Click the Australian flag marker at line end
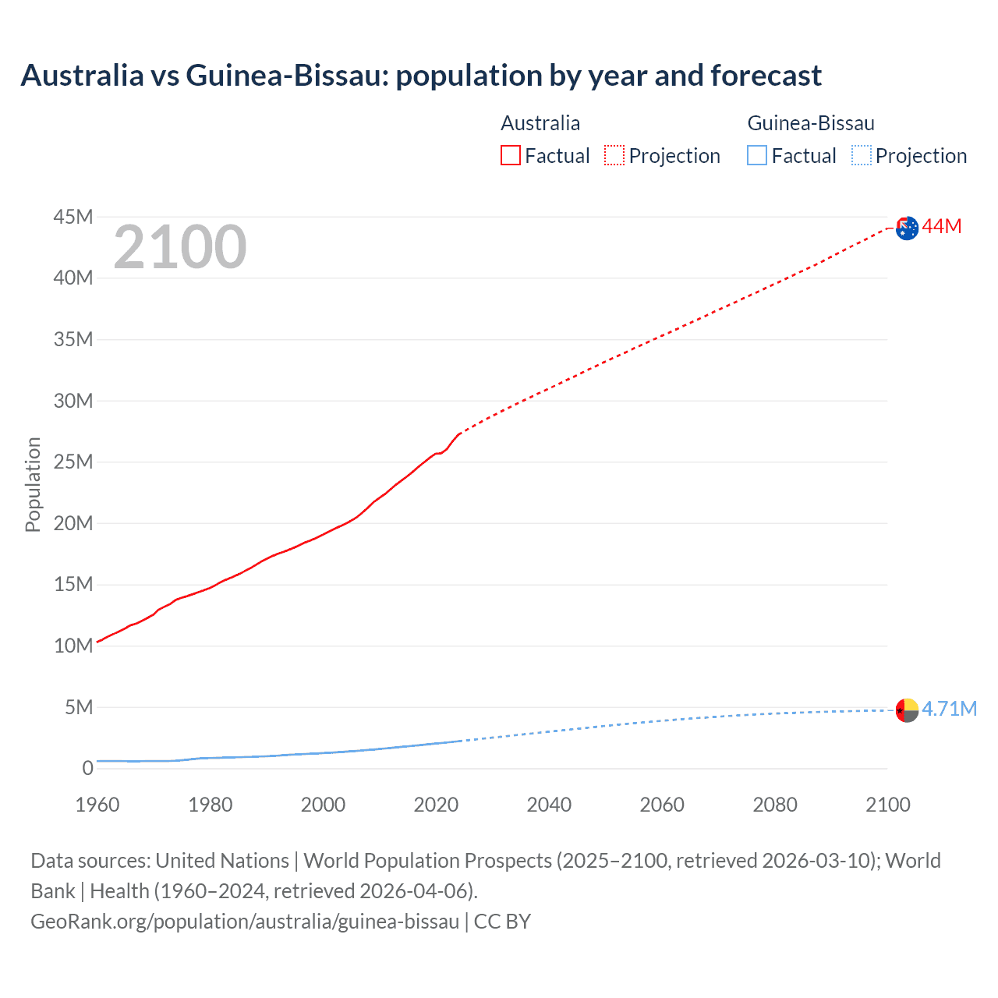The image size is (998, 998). click(907, 228)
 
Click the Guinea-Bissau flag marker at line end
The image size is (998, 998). click(907, 710)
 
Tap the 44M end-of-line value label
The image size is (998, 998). click(942, 227)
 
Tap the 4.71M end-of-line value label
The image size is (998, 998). click(949, 709)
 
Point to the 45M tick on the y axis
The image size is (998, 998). click(73, 217)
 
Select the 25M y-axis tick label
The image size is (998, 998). click(73, 462)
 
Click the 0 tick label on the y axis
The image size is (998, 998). click(87, 768)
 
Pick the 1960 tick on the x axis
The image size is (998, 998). click(97, 805)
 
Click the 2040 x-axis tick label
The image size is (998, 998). click(549, 805)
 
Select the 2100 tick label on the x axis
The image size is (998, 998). click(887, 805)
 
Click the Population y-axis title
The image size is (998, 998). click(33, 484)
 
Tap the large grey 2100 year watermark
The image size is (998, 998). click(180, 247)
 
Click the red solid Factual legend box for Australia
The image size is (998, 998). click(510, 155)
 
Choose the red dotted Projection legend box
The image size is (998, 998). click(614, 155)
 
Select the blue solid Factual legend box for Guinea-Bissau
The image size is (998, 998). click(756, 155)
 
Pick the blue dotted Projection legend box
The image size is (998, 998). click(861, 155)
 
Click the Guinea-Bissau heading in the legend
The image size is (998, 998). click(811, 123)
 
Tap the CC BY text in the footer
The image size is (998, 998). click(502, 922)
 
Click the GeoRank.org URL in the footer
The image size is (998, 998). click(245, 922)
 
